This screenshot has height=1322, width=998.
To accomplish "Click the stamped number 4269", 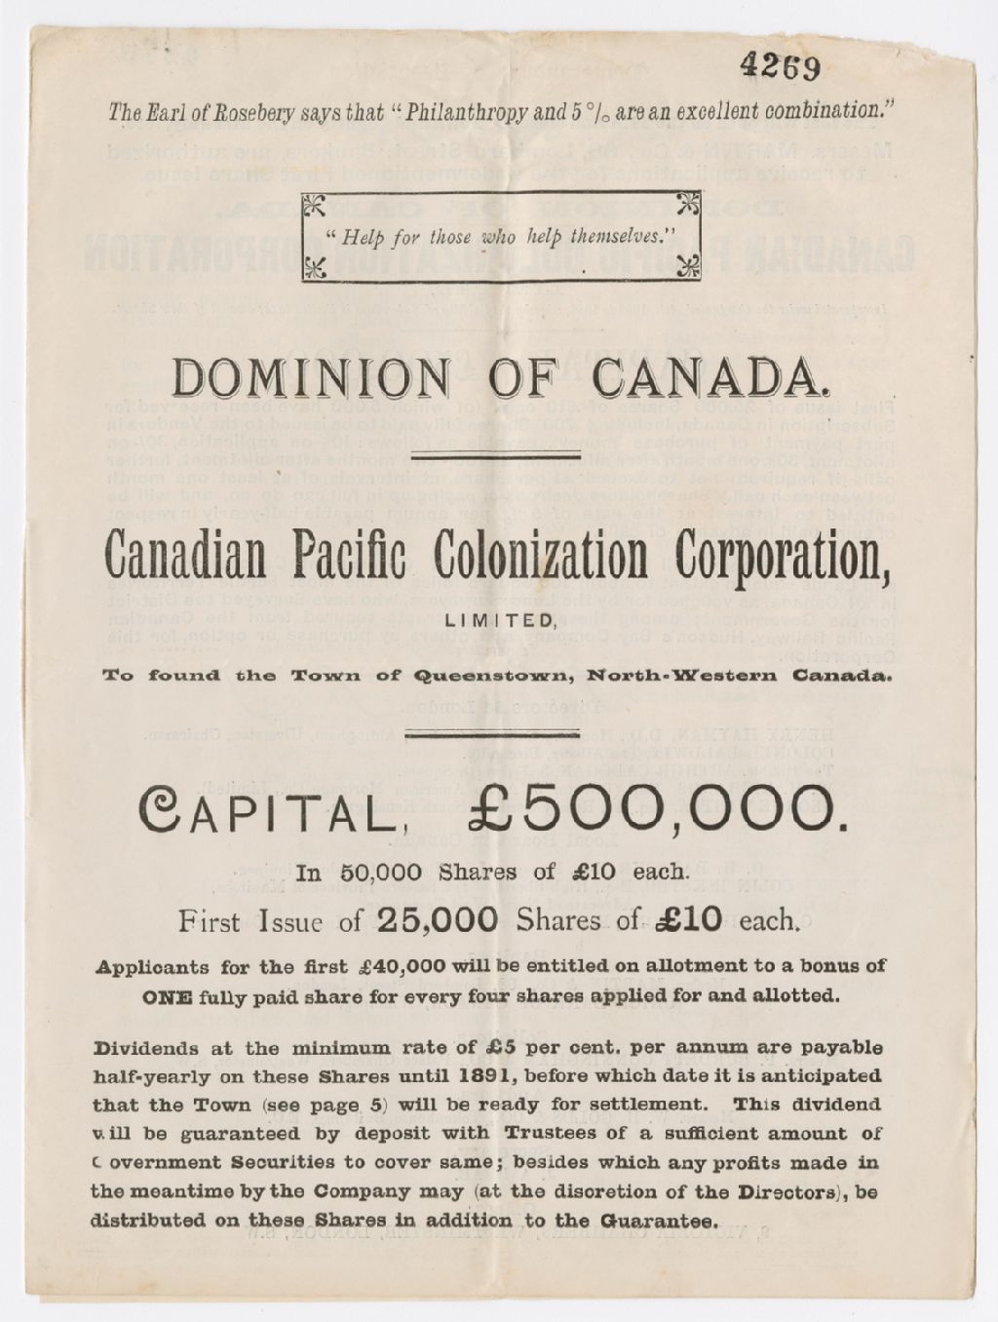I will coord(780,66).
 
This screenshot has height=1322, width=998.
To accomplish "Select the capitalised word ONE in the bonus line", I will coord(168,996).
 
